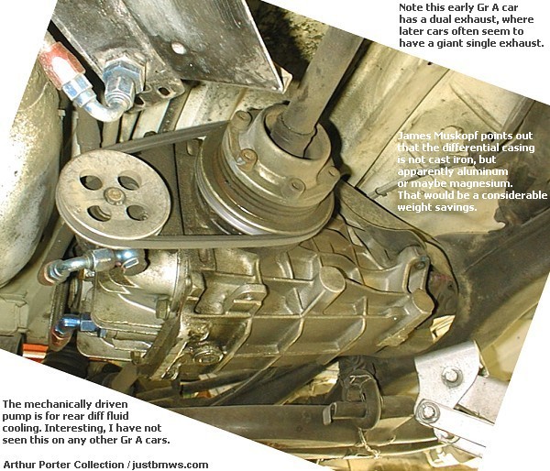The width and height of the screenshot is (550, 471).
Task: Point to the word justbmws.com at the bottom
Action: [170, 465]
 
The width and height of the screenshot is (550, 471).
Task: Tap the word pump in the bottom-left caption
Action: [16, 417]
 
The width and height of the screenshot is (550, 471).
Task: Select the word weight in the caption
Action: [414, 207]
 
